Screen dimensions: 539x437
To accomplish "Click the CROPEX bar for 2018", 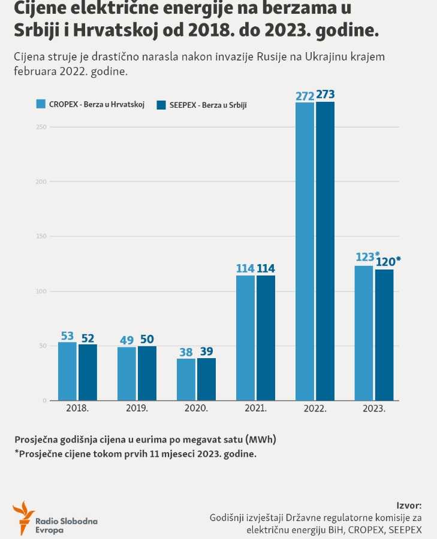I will coord(67,371).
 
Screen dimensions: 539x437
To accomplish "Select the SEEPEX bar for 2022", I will coord(326,252).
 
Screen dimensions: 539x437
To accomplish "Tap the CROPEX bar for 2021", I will coord(246,338).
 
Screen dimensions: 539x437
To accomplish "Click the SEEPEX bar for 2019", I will coord(147,373).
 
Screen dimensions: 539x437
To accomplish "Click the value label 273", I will coord(326,95).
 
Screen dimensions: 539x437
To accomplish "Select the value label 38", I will coord(186,352).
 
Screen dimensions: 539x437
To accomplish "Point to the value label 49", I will coord(126,340).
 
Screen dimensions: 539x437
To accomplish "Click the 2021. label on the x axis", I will coord(256,408).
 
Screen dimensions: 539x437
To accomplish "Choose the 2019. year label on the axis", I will coord(137,408).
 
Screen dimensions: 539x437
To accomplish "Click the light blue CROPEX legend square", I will coord(41,104).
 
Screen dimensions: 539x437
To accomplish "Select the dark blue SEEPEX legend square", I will coord(160,105).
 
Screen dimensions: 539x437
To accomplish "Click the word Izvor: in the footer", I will coord(409,505).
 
